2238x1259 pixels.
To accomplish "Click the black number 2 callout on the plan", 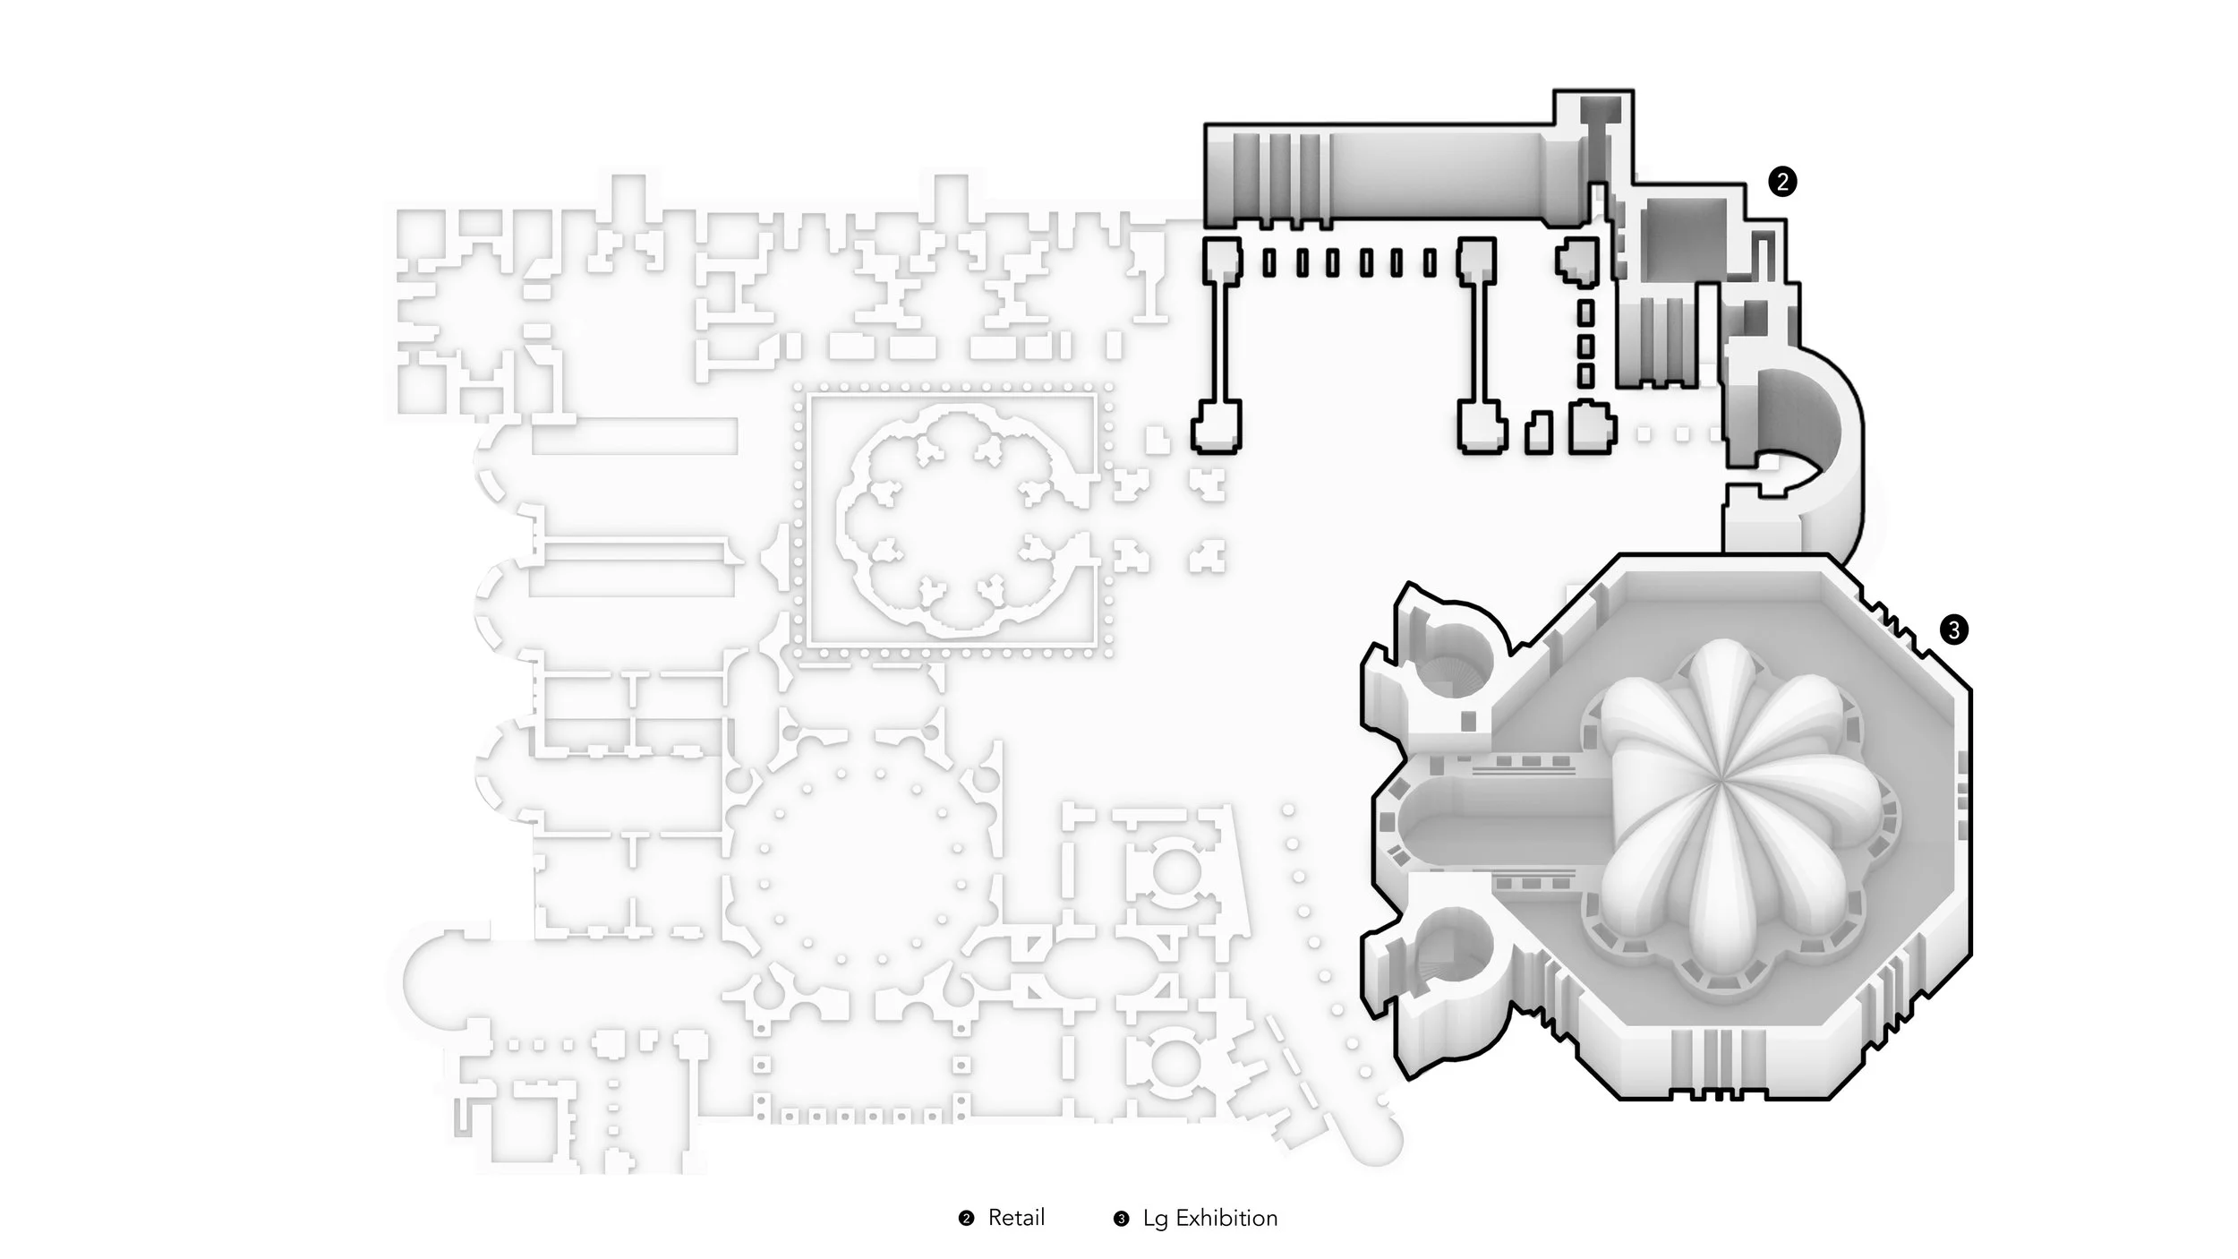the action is click(1781, 182).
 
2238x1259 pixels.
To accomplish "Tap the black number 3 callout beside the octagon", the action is click(1953, 630).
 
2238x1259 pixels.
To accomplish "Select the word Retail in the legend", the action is click(1016, 1218).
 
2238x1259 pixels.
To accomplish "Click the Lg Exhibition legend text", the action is click(1210, 1218).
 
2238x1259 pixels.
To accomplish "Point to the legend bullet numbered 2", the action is click(966, 1219).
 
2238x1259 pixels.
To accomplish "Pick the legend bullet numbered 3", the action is click(1121, 1219).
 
